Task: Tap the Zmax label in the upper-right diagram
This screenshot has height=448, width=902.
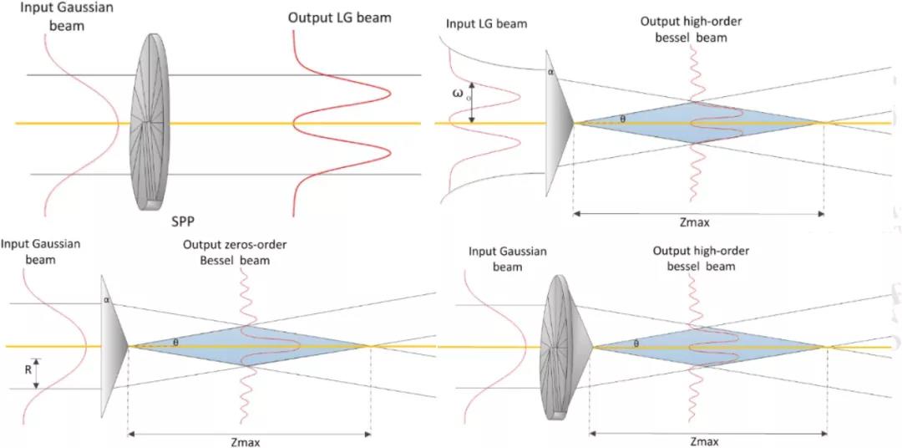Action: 699,225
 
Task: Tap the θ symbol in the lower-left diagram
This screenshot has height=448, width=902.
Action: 175,342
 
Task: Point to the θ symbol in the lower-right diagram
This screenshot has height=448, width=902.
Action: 636,343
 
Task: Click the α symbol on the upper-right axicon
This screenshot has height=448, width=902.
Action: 551,73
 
